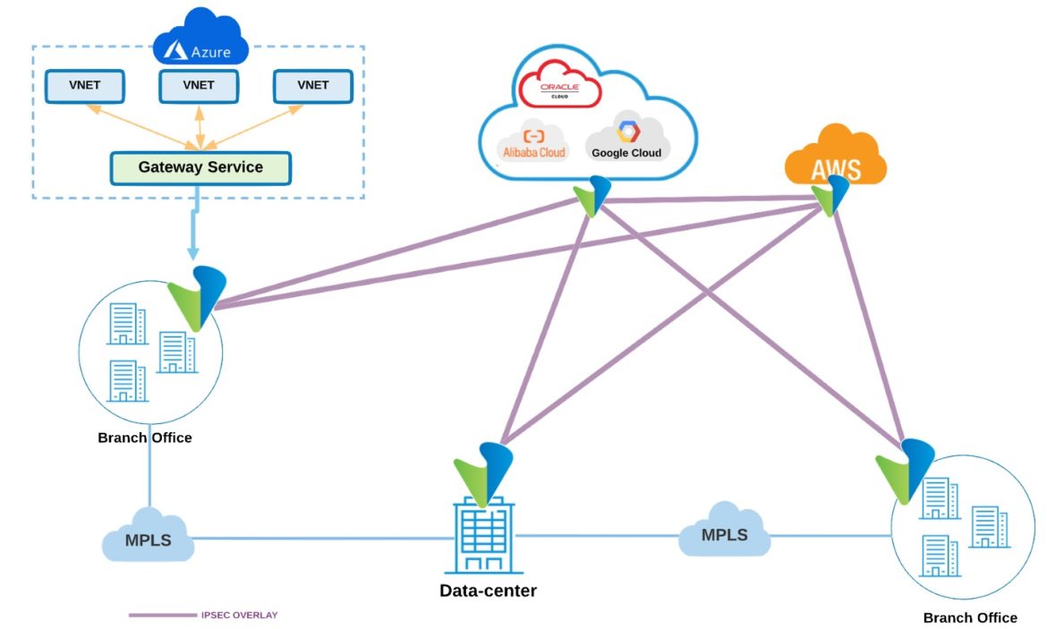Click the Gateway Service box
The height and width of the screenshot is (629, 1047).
(200, 167)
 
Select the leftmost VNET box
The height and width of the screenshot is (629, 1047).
(85, 86)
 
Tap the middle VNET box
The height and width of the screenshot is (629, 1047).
(199, 86)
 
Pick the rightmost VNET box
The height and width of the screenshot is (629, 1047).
(312, 86)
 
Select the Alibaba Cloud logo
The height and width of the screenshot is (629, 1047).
(533, 143)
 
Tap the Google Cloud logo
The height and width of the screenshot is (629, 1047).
(626, 141)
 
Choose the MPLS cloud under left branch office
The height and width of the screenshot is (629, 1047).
(149, 537)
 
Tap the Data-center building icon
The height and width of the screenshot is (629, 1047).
(483, 537)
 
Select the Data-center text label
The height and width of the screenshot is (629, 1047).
(488, 591)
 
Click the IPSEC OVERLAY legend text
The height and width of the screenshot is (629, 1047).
(239, 615)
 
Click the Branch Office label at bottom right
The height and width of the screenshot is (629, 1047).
(970, 617)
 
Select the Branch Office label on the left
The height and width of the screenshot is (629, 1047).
(145, 438)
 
